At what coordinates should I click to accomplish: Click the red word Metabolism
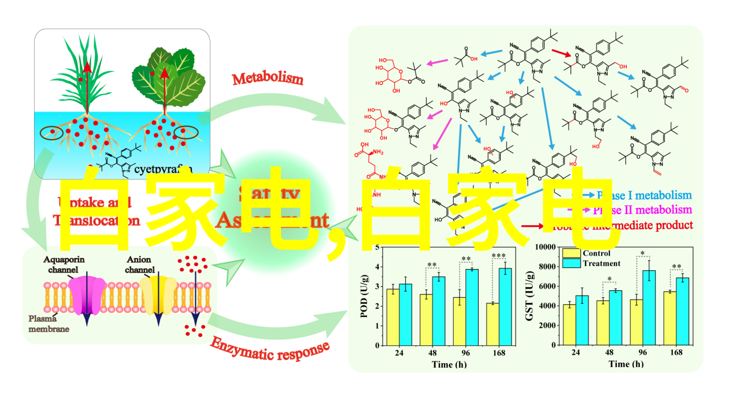point(268,79)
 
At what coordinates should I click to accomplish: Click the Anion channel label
point(140,264)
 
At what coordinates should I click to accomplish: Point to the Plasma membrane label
point(49,323)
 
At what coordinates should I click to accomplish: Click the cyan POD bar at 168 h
point(505,306)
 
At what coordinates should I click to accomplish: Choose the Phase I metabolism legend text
point(644,195)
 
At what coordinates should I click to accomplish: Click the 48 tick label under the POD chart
point(432,352)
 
